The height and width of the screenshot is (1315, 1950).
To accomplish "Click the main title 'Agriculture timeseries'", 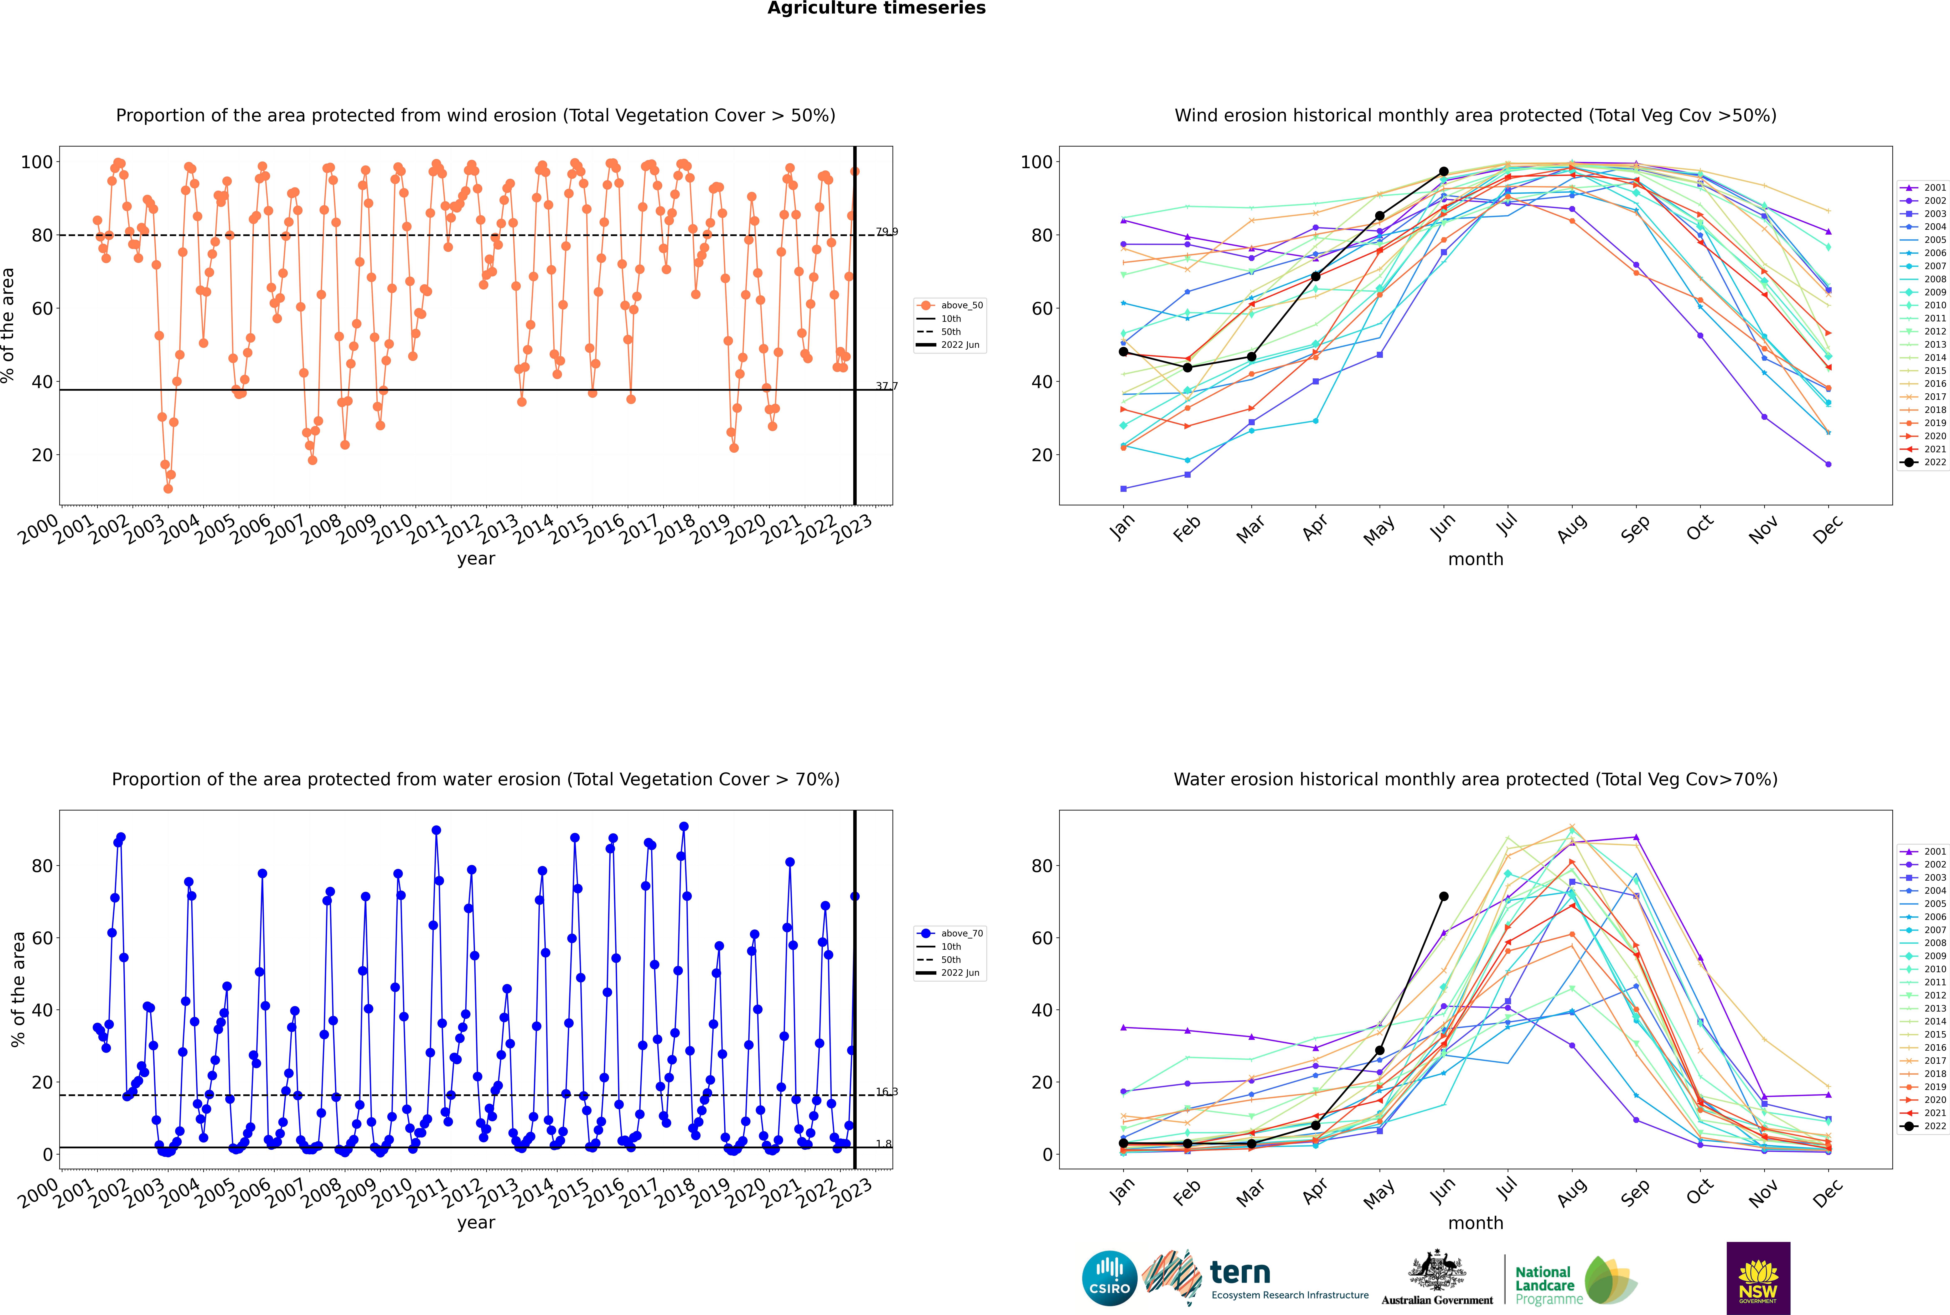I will [x=876, y=8].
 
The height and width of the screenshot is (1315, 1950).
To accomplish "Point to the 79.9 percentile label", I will [x=886, y=231].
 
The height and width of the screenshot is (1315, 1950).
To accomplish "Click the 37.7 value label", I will [x=886, y=387].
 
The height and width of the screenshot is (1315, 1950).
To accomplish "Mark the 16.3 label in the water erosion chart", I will [x=886, y=1092].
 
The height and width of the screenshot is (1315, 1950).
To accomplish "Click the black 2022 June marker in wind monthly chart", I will [x=1444, y=172].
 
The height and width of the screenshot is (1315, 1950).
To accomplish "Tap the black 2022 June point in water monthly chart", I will [x=1444, y=896].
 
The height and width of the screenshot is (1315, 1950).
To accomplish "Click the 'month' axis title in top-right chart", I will [x=1475, y=559].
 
